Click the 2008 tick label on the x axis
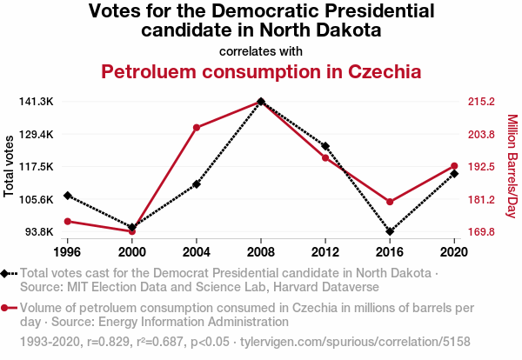[x=261, y=252]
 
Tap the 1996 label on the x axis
[x=68, y=252]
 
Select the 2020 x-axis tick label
[x=453, y=252]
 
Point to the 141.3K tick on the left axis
[x=36, y=102]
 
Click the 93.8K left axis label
[x=37, y=232]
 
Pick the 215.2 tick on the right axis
[x=481, y=102]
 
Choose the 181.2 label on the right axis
[x=481, y=200]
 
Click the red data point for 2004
[x=197, y=128]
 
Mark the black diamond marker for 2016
[x=389, y=232]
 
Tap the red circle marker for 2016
[x=389, y=202]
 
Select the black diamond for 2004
[x=197, y=184]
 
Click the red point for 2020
[x=453, y=166]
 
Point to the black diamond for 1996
[x=68, y=195]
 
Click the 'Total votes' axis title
[x=9, y=166]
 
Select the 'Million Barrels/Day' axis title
[x=512, y=166]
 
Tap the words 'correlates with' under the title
[x=261, y=50]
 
